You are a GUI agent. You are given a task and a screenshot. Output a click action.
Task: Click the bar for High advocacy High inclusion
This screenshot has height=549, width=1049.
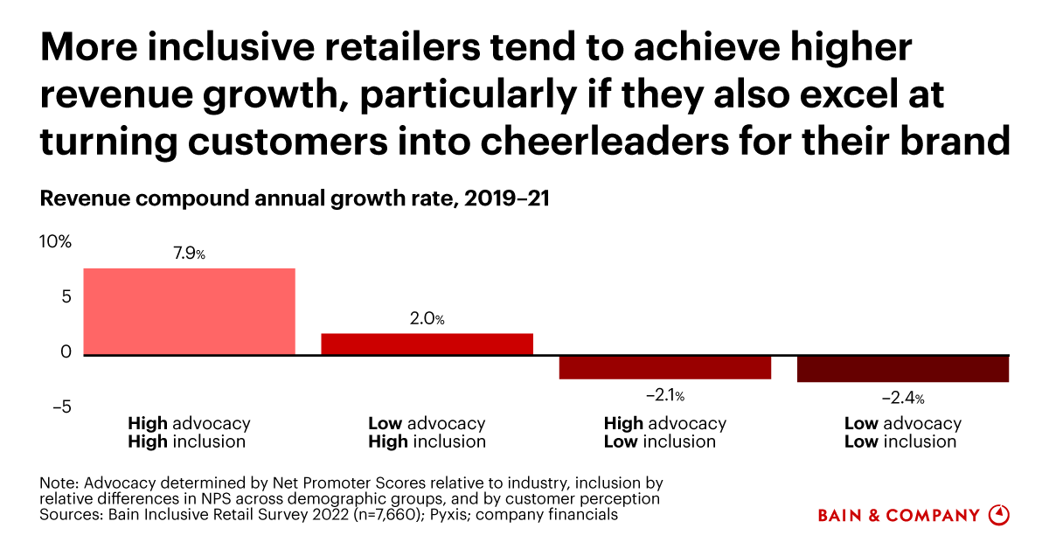tap(189, 311)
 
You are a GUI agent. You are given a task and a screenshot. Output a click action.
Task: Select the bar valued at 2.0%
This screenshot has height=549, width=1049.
tap(427, 344)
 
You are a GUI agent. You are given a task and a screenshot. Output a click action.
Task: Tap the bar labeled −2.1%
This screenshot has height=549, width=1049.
tap(664, 367)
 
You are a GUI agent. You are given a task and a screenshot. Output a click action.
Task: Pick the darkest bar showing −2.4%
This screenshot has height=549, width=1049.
tap(903, 369)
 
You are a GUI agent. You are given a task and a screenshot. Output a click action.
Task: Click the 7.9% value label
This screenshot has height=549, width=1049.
tap(189, 254)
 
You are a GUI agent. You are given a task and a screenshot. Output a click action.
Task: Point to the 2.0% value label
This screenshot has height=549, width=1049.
tap(427, 320)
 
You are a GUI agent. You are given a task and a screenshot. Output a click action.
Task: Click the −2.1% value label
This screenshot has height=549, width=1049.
tap(664, 396)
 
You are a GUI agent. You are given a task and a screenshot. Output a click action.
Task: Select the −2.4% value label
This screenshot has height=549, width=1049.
tap(903, 398)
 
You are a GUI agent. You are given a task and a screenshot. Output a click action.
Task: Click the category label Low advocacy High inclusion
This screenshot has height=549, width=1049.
tap(427, 433)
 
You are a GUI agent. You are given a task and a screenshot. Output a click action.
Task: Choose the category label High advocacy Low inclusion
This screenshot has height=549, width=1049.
tap(664, 433)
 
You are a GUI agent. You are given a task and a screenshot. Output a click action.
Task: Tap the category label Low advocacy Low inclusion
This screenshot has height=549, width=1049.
tap(903, 433)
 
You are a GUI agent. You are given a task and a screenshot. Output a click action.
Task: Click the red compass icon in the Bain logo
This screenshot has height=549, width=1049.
tap(998, 515)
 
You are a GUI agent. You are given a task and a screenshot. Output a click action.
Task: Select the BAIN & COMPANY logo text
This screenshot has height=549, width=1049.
tap(899, 516)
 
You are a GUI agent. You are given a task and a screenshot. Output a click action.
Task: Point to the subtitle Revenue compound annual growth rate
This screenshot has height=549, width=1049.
tap(293, 199)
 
